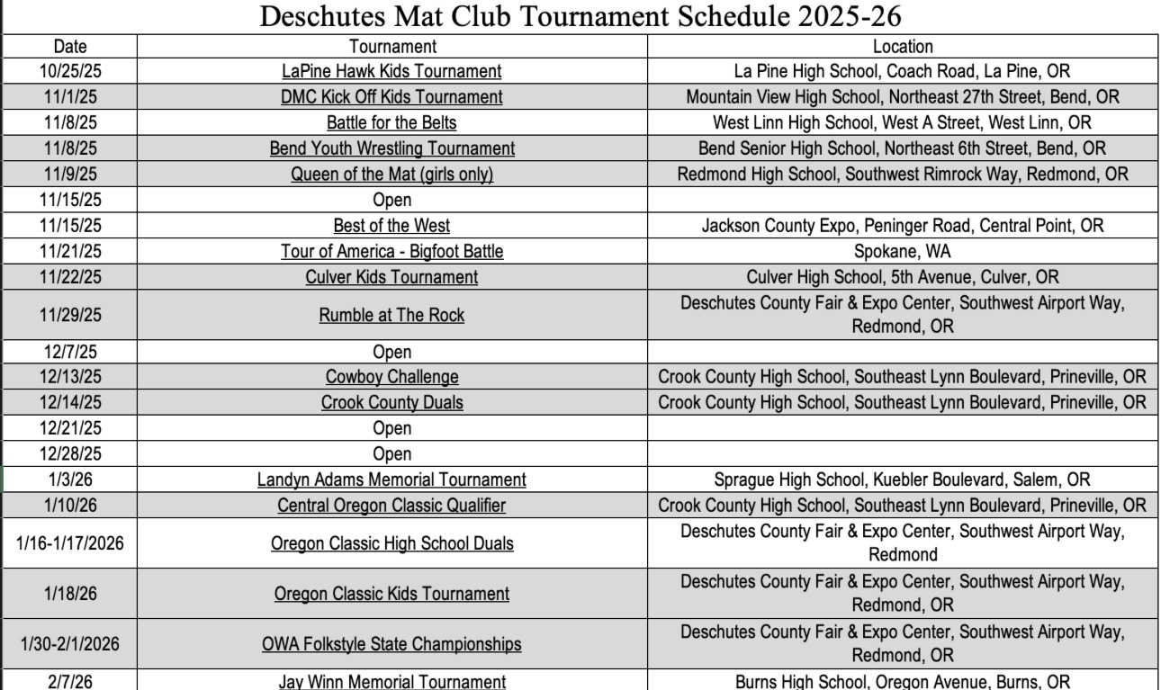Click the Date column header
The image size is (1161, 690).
[70, 46]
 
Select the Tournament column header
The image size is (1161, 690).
[392, 46]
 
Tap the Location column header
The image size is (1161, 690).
[903, 46]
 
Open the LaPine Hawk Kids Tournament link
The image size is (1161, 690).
[392, 71]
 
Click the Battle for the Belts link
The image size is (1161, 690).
[392, 122]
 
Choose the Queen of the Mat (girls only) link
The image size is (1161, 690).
[392, 175]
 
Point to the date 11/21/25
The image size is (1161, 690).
[70, 252]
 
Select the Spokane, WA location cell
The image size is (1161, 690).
[903, 252]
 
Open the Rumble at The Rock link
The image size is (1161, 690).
[392, 315]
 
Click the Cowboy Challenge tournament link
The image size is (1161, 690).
[392, 377]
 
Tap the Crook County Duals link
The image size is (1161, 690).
[392, 403]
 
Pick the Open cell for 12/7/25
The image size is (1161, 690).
[392, 352]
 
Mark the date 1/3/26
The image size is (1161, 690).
[70, 479]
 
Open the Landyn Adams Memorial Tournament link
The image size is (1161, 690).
[392, 479]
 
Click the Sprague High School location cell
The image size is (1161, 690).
[903, 479]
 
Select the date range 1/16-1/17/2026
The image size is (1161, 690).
[70, 542]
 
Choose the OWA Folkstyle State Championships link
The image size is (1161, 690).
[392, 644]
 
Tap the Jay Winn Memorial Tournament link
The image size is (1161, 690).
[392, 682]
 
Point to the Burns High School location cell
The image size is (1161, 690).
[903, 682]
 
